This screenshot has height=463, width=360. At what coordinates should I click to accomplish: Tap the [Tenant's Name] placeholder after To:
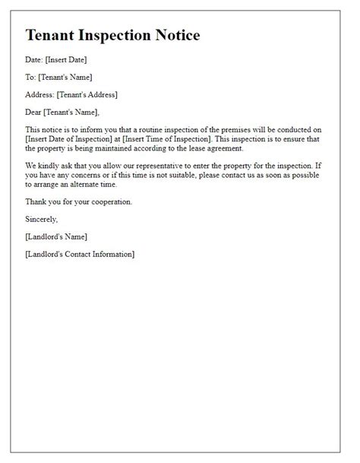coord(68,78)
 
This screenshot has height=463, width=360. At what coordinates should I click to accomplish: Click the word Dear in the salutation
coord(34,113)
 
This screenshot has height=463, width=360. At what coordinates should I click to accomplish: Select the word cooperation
coord(108,201)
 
